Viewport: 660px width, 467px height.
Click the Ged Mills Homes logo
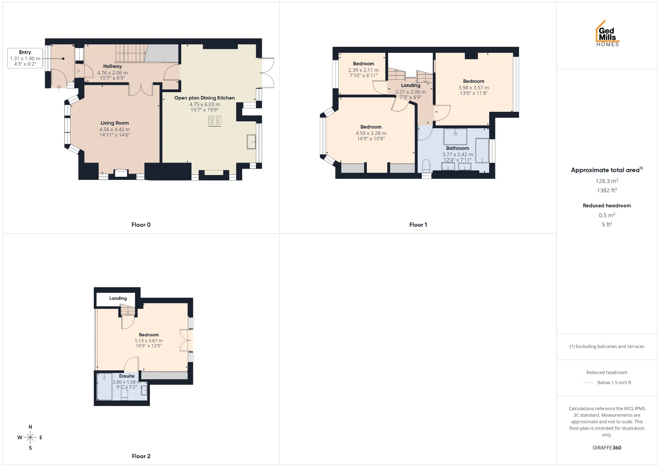tap(607, 33)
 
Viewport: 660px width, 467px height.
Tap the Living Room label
tap(115, 123)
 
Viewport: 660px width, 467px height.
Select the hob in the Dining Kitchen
tap(215, 121)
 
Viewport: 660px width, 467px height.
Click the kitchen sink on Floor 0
tap(251, 142)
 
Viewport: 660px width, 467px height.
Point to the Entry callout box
tap(25, 58)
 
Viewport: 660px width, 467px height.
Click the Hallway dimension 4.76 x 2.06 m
tap(112, 73)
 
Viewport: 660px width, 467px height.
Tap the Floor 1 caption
tap(418, 225)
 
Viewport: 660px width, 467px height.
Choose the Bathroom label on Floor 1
tap(458, 148)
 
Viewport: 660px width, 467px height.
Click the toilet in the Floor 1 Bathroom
tap(426, 166)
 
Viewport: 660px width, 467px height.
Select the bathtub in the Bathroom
tap(482, 151)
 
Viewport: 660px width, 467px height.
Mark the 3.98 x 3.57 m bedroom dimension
tap(474, 88)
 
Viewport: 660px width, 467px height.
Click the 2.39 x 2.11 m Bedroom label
tap(363, 64)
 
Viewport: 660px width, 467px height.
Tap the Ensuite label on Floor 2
tap(127, 376)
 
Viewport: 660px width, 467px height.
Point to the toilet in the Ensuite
tap(124, 394)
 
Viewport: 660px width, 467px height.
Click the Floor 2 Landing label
tap(118, 298)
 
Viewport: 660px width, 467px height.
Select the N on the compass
tap(30, 427)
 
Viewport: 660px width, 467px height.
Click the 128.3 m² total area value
tap(607, 181)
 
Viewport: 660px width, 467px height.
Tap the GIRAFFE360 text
tap(607, 447)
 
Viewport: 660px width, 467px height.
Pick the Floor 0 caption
tap(141, 225)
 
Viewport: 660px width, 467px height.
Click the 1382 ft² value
tap(607, 190)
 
